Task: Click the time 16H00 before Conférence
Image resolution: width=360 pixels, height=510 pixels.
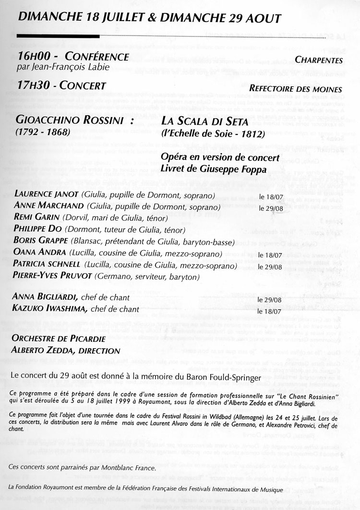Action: (x=31, y=57)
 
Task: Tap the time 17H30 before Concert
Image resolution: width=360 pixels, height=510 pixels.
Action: (x=31, y=86)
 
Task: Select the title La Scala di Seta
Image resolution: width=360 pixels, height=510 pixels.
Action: (x=204, y=122)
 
